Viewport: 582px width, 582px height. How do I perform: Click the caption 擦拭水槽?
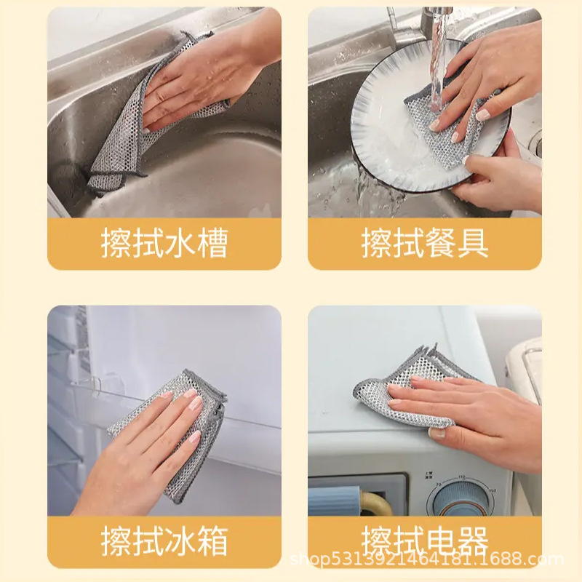click(x=164, y=244)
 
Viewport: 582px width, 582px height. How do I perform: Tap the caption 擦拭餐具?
click(x=425, y=244)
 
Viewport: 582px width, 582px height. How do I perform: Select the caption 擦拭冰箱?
click(x=164, y=542)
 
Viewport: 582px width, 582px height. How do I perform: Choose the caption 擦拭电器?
click(x=425, y=542)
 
